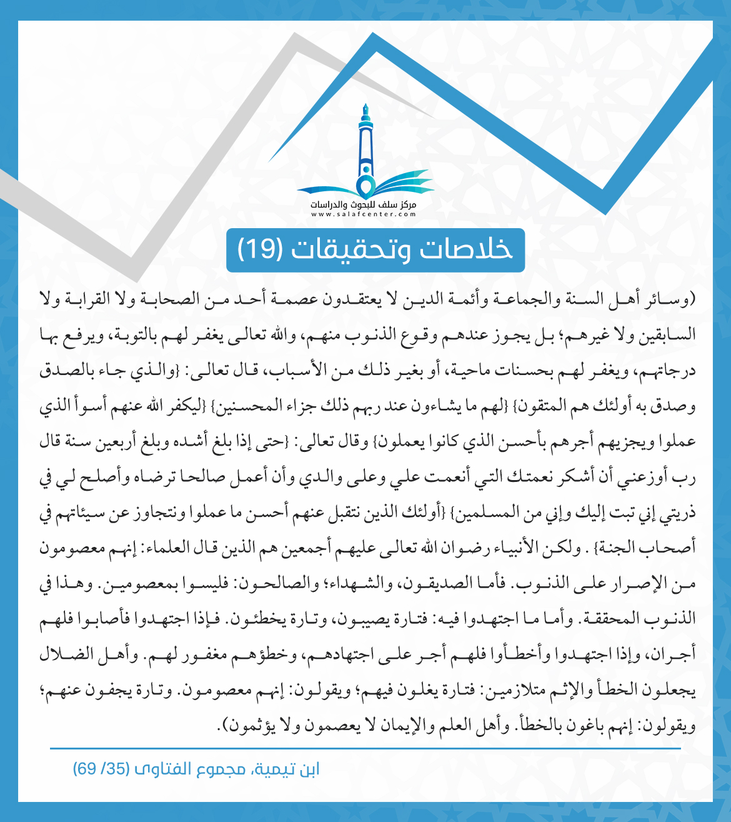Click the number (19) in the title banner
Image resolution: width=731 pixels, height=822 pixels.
click(261, 250)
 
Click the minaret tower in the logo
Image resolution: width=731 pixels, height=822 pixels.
click(365, 147)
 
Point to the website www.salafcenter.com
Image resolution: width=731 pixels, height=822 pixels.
click(364, 214)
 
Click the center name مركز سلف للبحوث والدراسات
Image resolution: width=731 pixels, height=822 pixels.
click(364, 205)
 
